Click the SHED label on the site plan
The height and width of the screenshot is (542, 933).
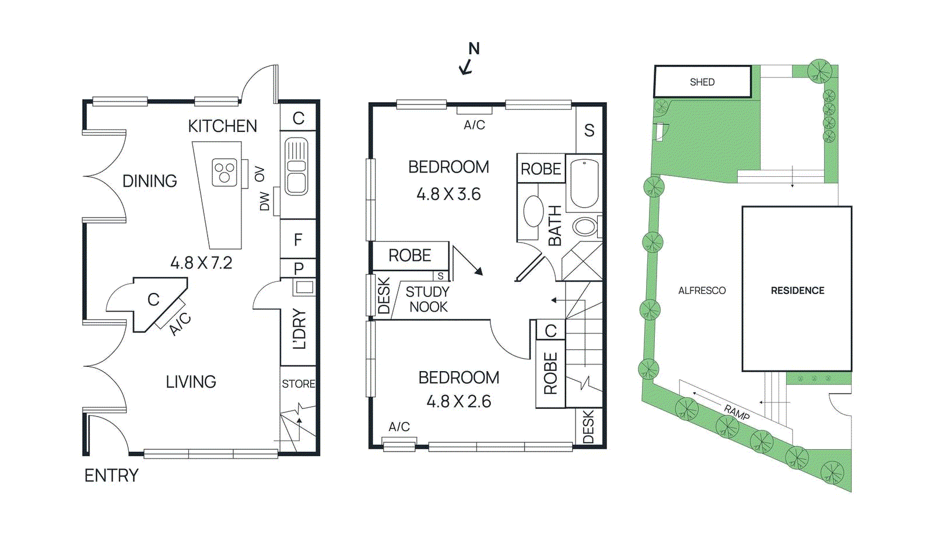tap(701, 82)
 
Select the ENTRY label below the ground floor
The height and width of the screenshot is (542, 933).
tap(111, 475)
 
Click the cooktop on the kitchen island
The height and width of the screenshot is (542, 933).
tap(225, 173)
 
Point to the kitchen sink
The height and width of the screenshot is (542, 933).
tap(296, 166)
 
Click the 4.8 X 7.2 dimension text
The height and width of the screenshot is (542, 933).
tap(201, 263)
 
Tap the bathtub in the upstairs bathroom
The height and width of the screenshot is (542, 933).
tap(584, 183)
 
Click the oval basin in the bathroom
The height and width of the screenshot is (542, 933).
tap(533, 211)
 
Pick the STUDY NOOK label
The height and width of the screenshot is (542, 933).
tap(428, 299)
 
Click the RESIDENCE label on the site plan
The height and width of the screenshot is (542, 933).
tap(797, 291)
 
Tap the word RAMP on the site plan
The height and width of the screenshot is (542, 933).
tap(736, 412)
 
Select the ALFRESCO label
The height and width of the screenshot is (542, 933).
tap(701, 291)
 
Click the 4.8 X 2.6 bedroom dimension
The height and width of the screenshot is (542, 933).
tap(458, 401)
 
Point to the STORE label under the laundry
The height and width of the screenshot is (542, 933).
tap(299, 384)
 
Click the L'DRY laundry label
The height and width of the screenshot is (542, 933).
tap(299, 329)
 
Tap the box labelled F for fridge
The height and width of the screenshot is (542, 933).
tap(298, 239)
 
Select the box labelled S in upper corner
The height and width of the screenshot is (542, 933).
tap(590, 130)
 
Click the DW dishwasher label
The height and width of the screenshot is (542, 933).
tap(265, 201)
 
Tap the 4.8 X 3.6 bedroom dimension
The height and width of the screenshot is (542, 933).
tap(448, 194)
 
